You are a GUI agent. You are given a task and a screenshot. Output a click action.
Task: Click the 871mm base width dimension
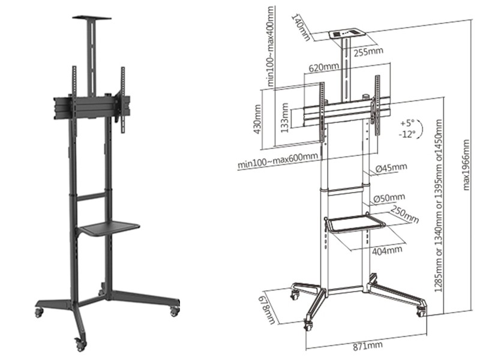[x=368, y=346]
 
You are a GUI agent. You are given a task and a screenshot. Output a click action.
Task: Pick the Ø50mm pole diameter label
[x=389, y=198]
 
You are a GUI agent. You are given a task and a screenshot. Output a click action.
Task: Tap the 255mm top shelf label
[x=368, y=52]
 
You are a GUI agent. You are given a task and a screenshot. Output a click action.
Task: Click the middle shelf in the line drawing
[x=354, y=224]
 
